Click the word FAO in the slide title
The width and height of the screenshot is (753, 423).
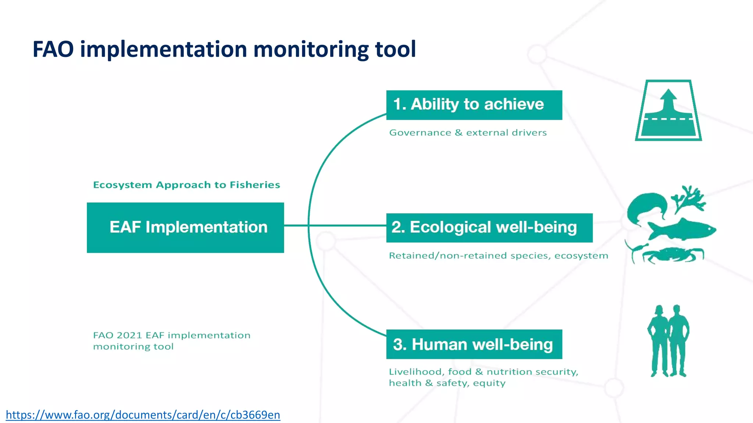click(x=53, y=49)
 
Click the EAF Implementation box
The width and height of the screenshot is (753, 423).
click(x=185, y=228)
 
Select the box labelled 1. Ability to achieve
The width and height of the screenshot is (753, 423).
click(x=474, y=105)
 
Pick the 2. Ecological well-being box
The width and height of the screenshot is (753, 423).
click(x=489, y=228)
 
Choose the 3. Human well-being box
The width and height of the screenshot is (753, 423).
click(x=474, y=344)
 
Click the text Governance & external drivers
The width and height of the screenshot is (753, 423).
click(x=468, y=133)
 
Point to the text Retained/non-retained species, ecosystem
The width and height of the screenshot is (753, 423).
click(x=498, y=256)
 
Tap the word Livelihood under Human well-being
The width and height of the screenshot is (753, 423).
click(x=415, y=372)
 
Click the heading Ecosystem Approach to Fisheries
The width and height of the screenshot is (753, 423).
click(x=186, y=185)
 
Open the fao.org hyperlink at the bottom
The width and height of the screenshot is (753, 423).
click(x=143, y=415)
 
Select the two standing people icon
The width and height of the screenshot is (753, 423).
click(x=668, y=341)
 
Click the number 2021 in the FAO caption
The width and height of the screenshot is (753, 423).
click(x=129, y=335)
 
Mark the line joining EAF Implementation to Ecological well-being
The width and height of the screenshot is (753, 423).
click(x=335, y=225)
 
